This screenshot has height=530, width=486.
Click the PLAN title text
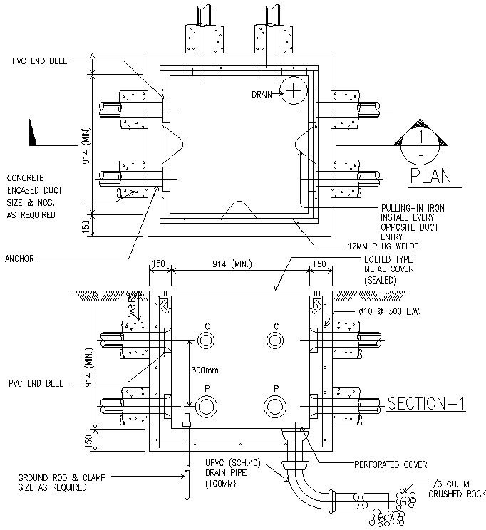tap(430, 176)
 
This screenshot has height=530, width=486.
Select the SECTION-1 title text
tap(425, 404)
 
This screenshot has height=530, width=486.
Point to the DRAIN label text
tap(264, 94)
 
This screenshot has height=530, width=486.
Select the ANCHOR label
tap(19, 259)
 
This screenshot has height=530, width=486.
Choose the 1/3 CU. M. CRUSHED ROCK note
tap(457, 489)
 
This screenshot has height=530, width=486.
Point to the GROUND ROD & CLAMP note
tap(53, 482)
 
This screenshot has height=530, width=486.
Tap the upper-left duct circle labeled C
tap(206, 341)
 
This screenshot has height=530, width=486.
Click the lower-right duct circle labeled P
tap(274, 406)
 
